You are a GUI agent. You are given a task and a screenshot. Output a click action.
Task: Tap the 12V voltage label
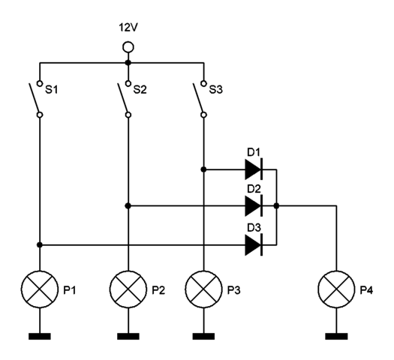[x=128, y=27]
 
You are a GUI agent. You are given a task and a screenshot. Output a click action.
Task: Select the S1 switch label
[x=51, y=89]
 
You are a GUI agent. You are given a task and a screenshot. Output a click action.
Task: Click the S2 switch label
[x=140, y=89]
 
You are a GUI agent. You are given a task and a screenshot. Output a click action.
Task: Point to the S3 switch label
[x=216, y=89]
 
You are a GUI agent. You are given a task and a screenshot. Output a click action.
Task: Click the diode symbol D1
[x=254, y=169]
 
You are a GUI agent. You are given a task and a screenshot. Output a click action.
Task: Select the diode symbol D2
[x=254, y=205]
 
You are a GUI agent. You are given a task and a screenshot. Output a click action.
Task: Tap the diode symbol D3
[x=254, y=244]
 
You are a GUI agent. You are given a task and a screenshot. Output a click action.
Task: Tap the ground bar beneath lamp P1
[x=40, y=336]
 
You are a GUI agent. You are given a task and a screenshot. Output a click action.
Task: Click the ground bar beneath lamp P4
[x=336, y=336]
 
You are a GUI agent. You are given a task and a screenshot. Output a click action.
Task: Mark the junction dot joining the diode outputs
[x=276, y=205]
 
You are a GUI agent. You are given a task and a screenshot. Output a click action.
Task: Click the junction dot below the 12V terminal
[x=128, y=62]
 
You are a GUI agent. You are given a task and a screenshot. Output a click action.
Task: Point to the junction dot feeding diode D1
[x=204, y=169]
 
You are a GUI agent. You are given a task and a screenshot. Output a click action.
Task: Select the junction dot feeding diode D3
[x=40, y=244]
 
